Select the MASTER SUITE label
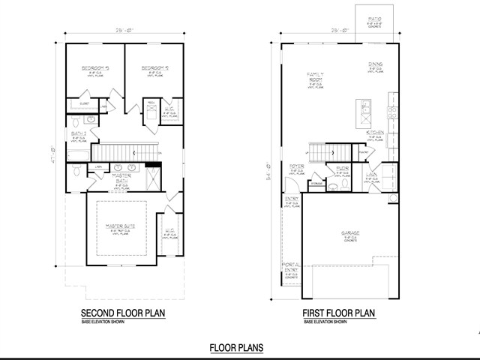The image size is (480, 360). pyautogui.click(x=119, y=225)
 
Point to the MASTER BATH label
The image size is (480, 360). pyautogui.click(x=122, y=179)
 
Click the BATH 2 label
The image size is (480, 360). pyautogui.click(x=77, y=134)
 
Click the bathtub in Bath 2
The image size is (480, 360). pyautogui.click(x=76, y=154)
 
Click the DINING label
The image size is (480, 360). pyautogui.click(x=375, y=65)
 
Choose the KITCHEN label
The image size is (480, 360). pyautogui.click(x=375, y=133)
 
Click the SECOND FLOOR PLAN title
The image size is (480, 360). pyautogui.click(x=122, y=313)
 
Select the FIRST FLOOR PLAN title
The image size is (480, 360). pyautogui.click(x=338, y=313)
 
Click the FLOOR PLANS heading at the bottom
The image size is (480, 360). pyautogui.click(x=236, y=347)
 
